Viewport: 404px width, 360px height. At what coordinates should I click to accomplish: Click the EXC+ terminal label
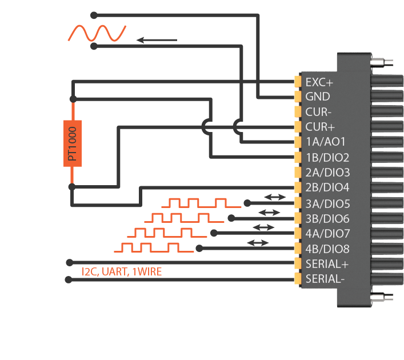pos(319,82)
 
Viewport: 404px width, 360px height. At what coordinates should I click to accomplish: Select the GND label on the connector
pos(318,97)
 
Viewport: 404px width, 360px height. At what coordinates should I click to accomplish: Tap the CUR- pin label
pos(318,111)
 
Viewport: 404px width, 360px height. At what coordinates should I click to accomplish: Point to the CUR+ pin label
pos(319,127)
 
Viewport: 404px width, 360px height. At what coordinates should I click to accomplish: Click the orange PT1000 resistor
pos(72,143)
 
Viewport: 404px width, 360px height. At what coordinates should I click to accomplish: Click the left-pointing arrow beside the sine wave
pos(157,40)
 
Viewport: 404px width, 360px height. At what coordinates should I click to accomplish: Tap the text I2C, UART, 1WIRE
pos(122,272)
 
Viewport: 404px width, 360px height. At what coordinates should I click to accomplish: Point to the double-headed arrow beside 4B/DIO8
pos(257,243)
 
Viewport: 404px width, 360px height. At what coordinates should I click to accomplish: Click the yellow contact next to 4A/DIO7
pos(297,234)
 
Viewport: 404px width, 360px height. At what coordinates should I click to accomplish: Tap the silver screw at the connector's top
pos(382,62)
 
